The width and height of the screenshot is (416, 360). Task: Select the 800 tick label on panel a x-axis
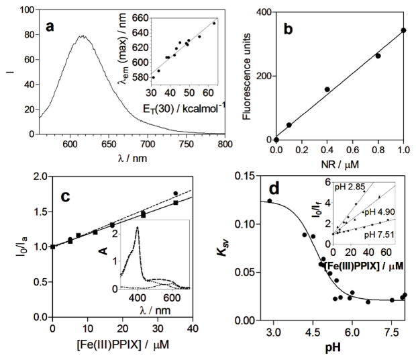click(225, 144)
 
